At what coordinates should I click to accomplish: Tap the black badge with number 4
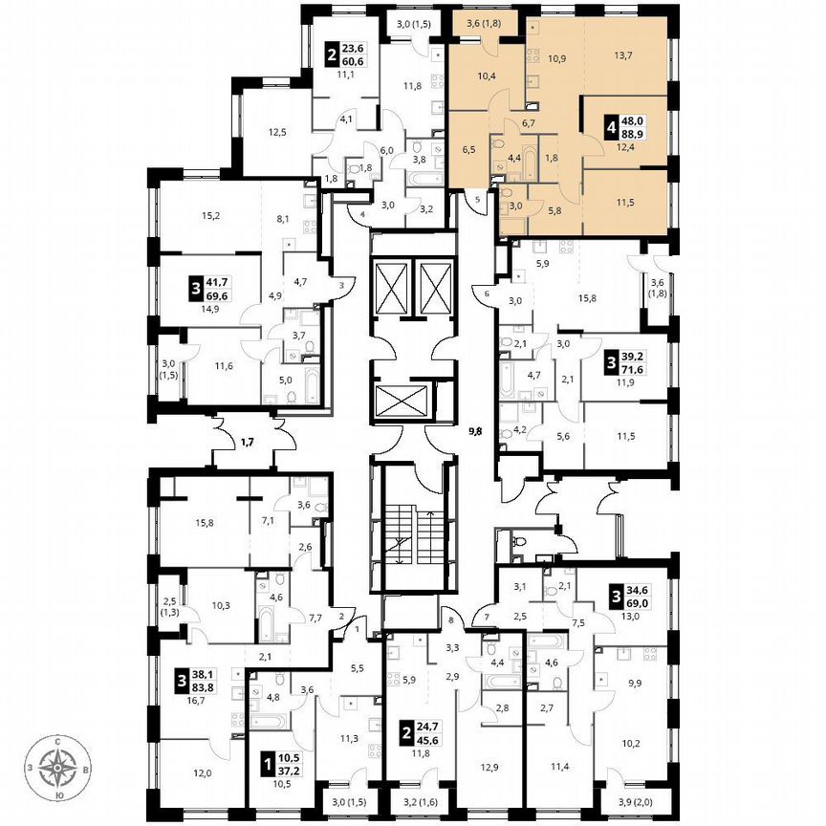click(609, 128)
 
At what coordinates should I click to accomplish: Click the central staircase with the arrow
click(408, 542)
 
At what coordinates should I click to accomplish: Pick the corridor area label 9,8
click(474, 431)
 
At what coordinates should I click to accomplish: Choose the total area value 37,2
click(289, 770)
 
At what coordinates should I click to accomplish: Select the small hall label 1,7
click(247, 443)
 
